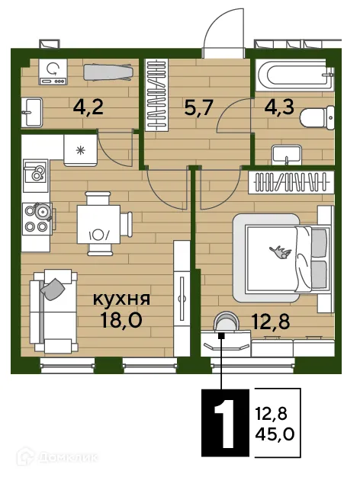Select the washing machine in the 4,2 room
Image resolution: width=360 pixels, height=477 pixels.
52,72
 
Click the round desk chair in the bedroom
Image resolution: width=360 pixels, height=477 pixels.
223,325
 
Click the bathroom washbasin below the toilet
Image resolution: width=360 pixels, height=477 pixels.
289,155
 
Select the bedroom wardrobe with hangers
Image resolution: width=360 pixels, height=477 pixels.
292,182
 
